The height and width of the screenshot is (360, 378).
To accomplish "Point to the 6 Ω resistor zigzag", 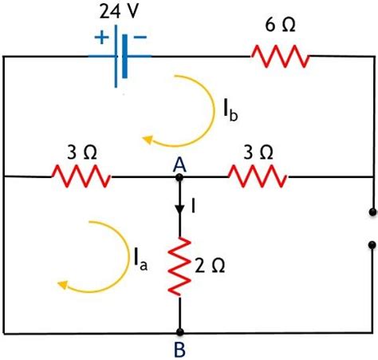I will point(280,57).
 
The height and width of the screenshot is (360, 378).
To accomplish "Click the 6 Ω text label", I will point(280,25).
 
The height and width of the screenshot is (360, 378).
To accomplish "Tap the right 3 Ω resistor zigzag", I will point(256,176).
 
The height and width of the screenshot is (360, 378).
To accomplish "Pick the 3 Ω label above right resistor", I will point(256,150).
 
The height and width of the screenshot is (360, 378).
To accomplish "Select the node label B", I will point(180,349).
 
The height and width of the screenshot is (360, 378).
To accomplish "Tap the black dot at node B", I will point(181,332).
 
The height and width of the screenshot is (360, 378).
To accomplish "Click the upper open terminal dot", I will point(372,212).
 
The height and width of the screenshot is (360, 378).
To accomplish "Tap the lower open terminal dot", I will point(372,246).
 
